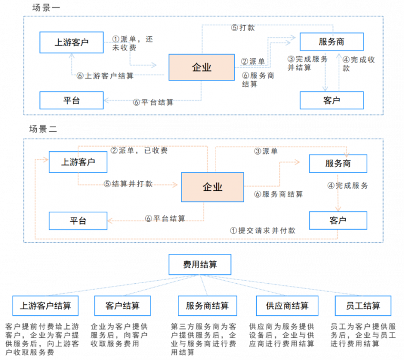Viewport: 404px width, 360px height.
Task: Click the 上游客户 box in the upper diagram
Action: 72,43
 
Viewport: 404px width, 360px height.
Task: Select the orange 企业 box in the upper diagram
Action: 200,67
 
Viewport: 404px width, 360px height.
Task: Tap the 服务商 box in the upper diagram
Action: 331,42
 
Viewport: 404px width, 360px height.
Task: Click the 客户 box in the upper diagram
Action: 331,100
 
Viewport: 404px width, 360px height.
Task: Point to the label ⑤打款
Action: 243,28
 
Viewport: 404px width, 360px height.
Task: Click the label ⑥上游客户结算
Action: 105,76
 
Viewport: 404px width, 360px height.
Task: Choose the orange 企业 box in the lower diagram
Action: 213,187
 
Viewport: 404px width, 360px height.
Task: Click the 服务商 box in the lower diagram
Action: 338,163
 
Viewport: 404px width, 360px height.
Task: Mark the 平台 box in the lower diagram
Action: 78,221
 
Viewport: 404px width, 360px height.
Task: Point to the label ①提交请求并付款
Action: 262,230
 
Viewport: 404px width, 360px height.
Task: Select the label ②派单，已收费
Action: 139,151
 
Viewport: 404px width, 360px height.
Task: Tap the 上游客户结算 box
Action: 45,305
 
